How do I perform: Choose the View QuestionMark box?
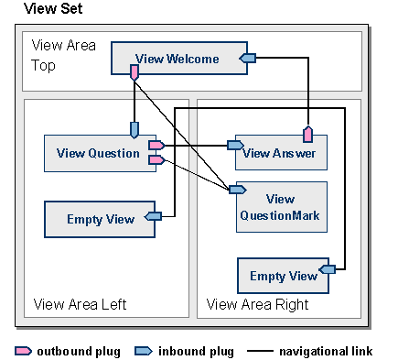281,207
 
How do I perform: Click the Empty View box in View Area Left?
100,219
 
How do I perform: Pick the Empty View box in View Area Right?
283,276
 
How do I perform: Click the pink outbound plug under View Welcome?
134,71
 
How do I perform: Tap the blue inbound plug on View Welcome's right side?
248,59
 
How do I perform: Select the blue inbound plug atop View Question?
134,130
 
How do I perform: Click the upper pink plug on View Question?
155,145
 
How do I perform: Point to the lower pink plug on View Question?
155,160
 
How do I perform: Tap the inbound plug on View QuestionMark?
236,190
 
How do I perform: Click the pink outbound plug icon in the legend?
24,351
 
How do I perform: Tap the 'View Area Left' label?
80,304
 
